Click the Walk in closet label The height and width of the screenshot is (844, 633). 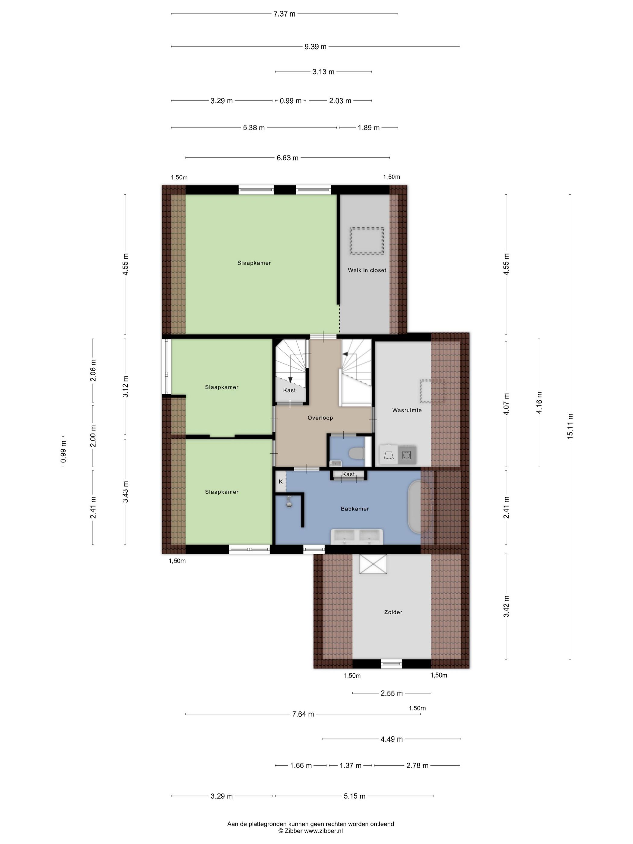367,270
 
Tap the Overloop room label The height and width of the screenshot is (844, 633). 320,418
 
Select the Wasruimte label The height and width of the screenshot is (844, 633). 407,410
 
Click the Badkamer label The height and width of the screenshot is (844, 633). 355,509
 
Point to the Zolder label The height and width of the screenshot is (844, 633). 393,612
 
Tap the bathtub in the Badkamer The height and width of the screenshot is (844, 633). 414,507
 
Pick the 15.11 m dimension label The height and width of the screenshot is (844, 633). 570,426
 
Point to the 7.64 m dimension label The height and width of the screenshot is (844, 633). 303,714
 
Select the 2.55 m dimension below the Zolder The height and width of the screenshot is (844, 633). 392,693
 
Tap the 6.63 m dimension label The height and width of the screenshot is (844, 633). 288,158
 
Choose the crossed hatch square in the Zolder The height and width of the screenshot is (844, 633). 373,564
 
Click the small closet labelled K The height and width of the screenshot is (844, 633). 280,481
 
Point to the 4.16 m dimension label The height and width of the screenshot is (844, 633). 539,403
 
